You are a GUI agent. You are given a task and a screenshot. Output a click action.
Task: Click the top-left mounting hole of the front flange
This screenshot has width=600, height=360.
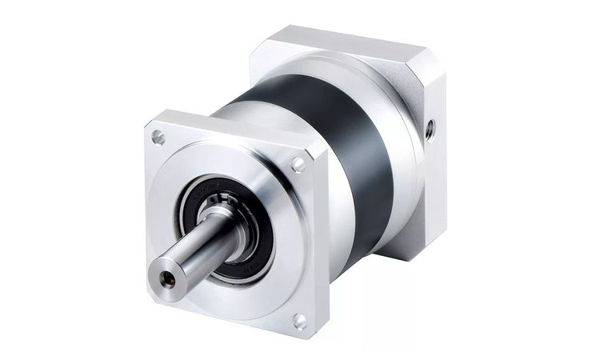pos(158,138)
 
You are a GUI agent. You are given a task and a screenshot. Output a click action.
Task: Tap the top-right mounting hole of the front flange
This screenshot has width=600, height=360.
pos(298,166)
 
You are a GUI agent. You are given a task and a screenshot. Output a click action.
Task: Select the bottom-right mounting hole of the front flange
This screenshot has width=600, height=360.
pos(299,321)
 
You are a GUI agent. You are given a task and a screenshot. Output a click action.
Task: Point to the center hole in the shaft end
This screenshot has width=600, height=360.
pos(167,279)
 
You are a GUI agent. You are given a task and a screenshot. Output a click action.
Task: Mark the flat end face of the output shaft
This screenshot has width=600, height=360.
pos(168,279)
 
